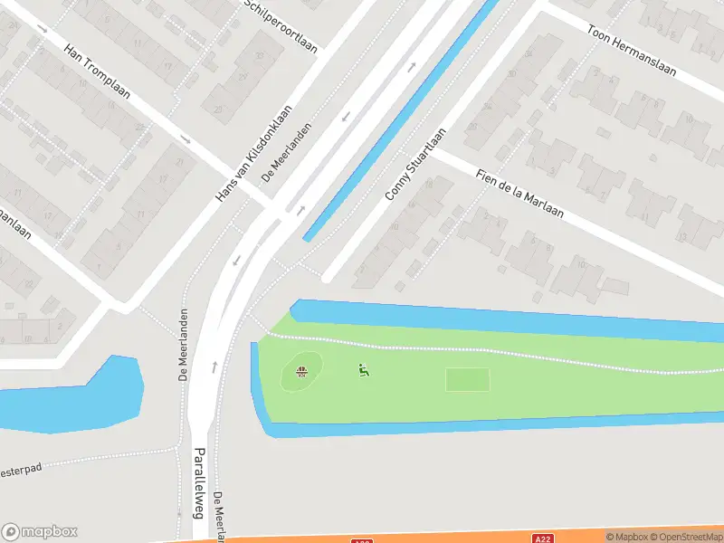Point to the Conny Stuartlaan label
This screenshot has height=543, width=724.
click(415, 164)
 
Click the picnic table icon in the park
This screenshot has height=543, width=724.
click(302, 370)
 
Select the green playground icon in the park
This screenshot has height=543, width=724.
click(363, 369)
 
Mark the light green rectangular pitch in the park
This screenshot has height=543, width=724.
click(468, 380)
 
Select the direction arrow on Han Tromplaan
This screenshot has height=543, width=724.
click(186, 139)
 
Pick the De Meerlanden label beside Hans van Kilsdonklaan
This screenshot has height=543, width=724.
click(288, 152)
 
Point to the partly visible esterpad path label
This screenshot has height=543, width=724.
click(20, 472)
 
